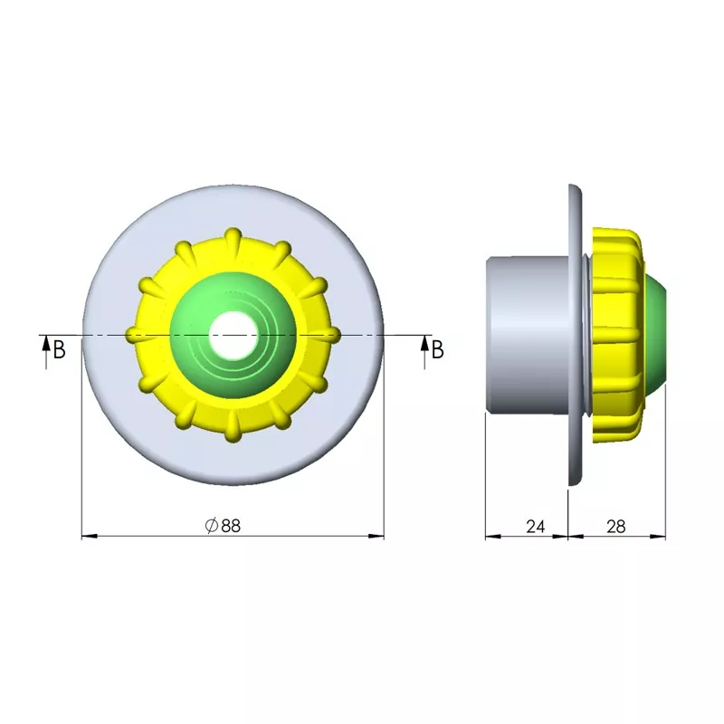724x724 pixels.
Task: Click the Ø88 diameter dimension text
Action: (223, 526)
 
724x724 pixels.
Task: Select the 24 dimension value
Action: (535, 527)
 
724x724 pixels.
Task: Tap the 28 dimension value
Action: (616, 527)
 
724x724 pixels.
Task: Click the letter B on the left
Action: (59, 349)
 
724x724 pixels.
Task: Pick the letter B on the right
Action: (438, 349)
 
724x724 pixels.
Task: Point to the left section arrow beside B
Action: (46, 352)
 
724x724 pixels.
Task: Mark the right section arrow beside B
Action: (424, 352)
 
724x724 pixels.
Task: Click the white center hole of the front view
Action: (233, 335)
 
